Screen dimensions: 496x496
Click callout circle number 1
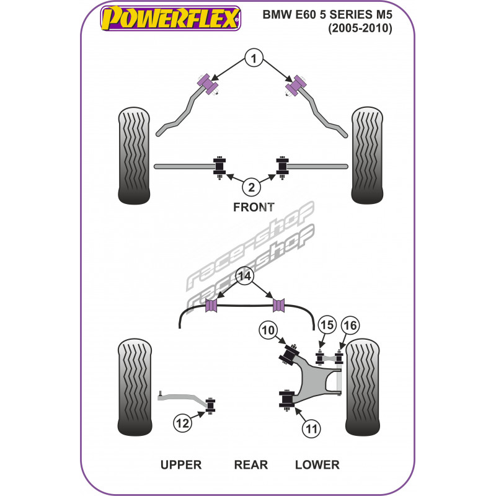253,59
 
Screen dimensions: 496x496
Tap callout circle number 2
251,186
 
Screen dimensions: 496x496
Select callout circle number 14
246,277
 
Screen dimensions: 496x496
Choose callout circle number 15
327,325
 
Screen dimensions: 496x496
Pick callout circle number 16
350,325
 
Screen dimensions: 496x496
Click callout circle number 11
312,428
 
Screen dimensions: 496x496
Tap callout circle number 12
182,424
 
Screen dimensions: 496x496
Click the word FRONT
253,207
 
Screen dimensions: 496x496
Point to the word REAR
250,464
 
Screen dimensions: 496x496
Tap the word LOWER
317,464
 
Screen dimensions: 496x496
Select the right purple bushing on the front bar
296,85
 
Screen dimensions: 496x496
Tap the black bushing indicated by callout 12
210,405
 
